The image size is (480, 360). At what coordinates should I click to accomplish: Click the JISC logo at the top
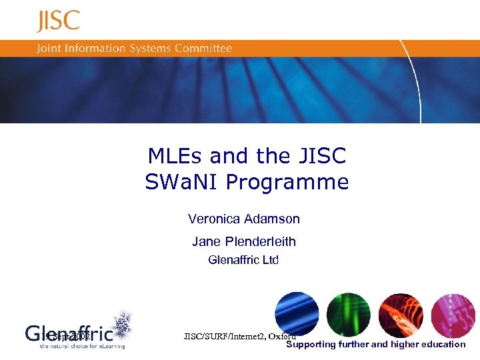[x=58, y=21]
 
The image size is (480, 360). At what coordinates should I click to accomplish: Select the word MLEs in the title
[x=175, y=156]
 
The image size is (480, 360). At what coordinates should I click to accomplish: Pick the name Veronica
[x=213, y=219]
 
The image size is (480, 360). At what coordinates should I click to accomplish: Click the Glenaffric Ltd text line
[x=243, y=260]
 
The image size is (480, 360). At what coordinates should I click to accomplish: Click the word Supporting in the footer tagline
[x=311, y=345]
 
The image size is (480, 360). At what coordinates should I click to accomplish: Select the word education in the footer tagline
[x=443, y=345]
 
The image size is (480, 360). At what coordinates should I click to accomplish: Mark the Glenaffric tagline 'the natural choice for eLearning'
[x=82, y=346]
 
